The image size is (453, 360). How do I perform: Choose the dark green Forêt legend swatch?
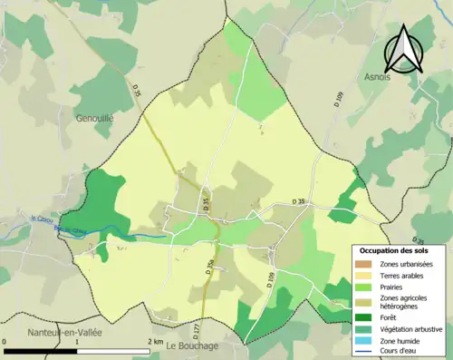click(361, 318)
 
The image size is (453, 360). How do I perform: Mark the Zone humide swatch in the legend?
click(361, 342)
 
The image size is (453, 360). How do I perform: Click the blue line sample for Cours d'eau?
click(361, 353)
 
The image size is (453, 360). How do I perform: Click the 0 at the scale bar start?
click(6, 342)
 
